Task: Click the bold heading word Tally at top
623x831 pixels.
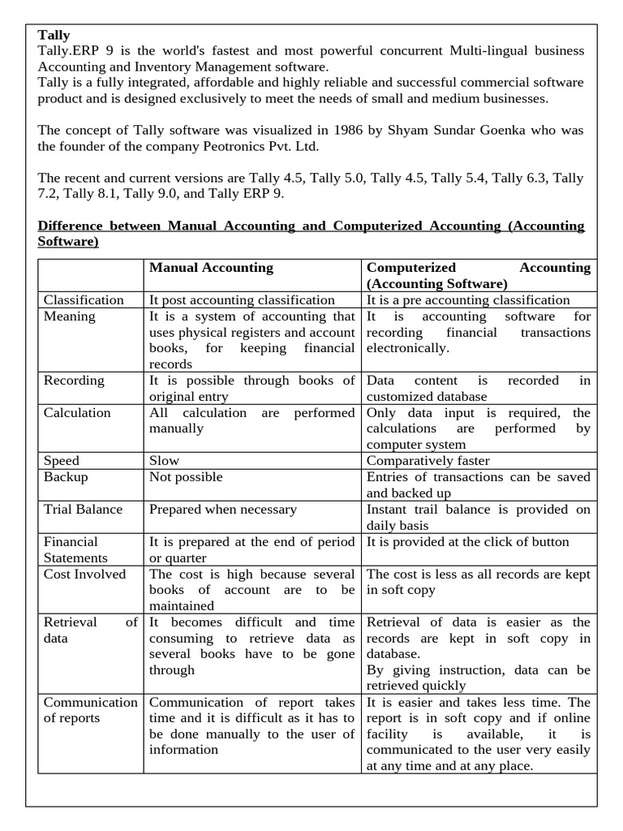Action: (54, 35)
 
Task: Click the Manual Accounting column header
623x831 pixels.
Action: (211, 268)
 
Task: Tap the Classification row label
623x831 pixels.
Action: (84, 300)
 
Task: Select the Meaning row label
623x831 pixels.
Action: (69, 316)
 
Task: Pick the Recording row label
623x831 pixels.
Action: (74, 381)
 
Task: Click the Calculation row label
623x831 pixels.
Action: (77, 413)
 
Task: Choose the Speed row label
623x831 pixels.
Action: (62, 461)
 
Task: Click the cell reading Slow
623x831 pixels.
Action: (164, 461)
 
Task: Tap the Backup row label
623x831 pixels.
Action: (66, 477)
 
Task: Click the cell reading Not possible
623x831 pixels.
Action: (186, 477)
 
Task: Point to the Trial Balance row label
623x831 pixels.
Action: (83, 510)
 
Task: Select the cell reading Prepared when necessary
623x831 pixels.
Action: (223, 510)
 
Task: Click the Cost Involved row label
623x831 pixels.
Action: (84, 575)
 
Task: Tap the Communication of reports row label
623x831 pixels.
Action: (90, 710)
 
